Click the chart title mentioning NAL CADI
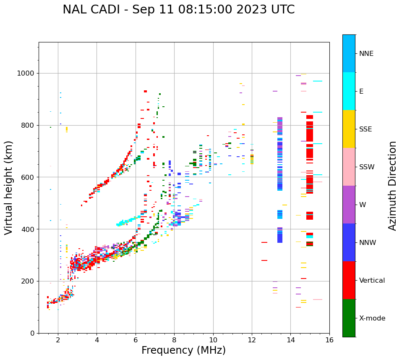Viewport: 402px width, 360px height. click(178, 10)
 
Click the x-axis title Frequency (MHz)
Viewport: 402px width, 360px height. click(183, 350)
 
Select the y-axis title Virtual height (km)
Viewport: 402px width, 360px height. click(9, 188)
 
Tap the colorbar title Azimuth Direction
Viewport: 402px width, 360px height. click(392, 186)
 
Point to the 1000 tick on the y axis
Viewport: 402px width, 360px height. click(27, 74)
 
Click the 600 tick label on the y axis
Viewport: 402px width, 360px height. click(29, 177)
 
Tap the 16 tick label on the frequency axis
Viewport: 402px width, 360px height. click(329, 340)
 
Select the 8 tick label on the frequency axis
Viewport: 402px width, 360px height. click(174, 340)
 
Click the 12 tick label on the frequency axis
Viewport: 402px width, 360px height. click(252, 340)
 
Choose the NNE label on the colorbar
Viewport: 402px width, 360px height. click(366, 54)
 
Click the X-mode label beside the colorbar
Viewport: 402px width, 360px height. click(372, 318)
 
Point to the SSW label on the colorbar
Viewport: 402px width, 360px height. click(367, 167)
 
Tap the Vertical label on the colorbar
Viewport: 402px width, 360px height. click(372, 281)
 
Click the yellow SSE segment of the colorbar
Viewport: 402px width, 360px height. click(349, 129)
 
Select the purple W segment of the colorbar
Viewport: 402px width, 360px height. click(349, 205)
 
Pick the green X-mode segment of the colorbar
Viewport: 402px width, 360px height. click(349, 318)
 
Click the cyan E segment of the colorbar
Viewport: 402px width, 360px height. click(349, 91)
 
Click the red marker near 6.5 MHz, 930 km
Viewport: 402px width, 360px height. click(145, 91)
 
